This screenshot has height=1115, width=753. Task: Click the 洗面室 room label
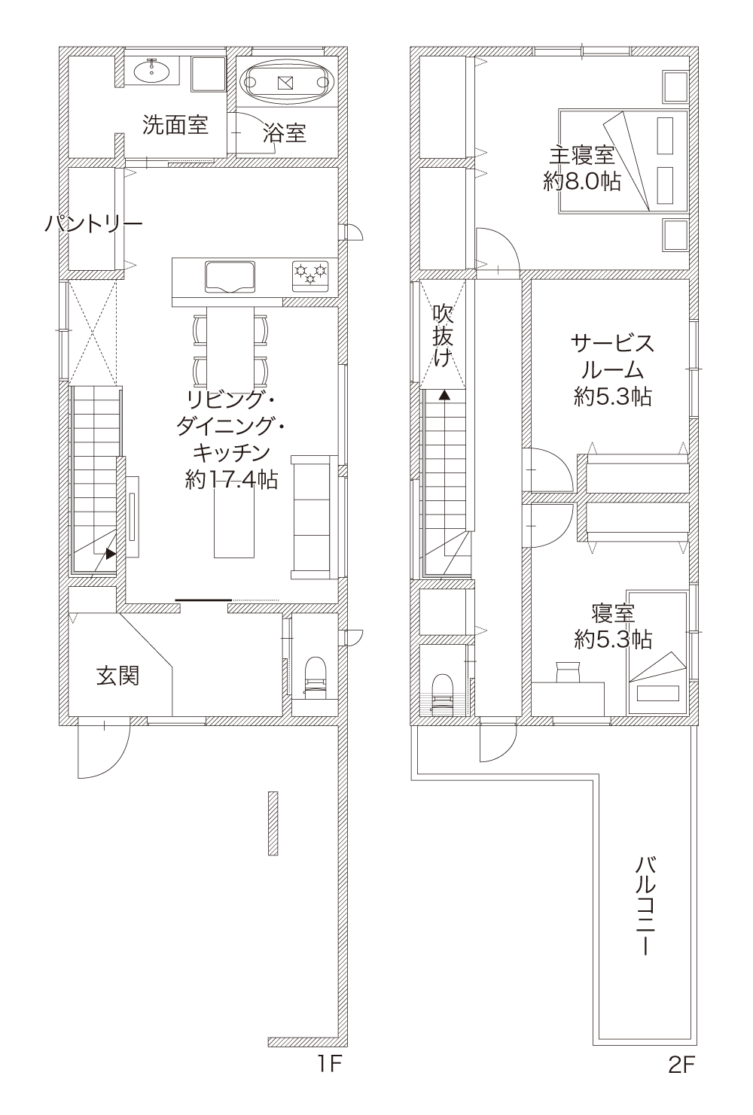[x=175, y=125]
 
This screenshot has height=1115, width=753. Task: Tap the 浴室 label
[x=285, y=133]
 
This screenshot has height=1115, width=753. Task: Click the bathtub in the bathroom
[x=287, y=82]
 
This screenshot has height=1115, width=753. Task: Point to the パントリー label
[x=93, y=224]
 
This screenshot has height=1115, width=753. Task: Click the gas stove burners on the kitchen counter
[x=310, y=275]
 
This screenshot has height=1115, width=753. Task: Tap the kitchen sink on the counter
[x=230, y=276]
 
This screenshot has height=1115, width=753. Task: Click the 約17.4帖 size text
[x=231, y=479]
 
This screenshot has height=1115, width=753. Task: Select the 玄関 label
[x=117, y=676]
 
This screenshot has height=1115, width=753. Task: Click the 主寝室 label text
[x=581, y=156]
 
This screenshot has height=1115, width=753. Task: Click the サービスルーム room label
[x=612, y=357]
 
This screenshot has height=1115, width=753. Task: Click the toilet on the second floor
[x=441, y=694]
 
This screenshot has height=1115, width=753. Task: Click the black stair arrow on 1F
[x=111, y=553]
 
